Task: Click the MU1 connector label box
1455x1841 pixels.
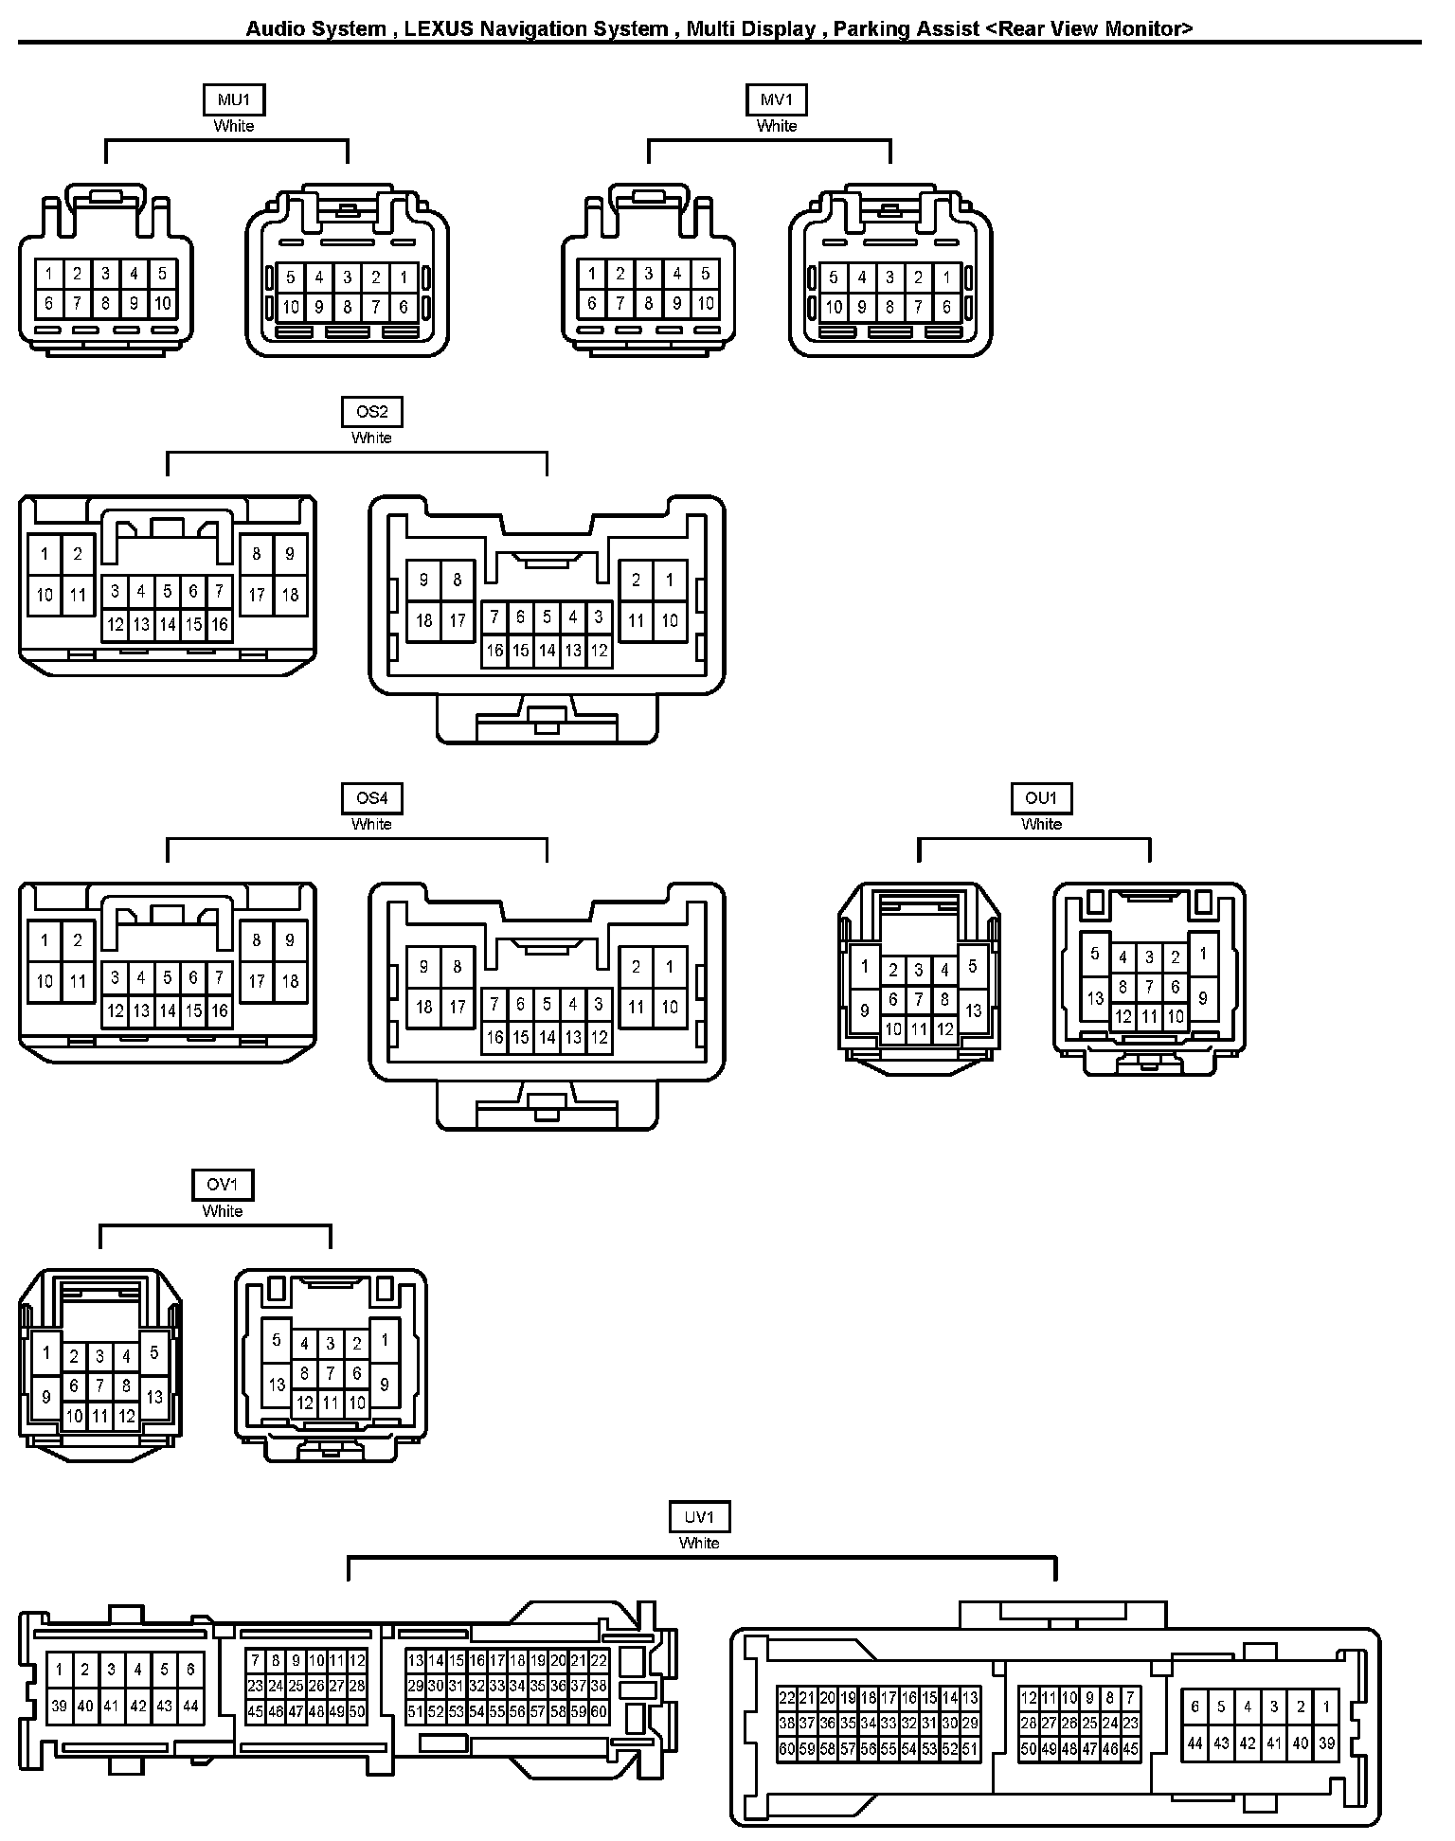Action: click(x=233, y=99)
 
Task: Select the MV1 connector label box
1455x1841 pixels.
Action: click(x=777, y=99)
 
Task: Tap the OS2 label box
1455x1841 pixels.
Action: click(x=371, y=412)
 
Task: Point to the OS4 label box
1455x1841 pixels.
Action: click(x=371, y=798)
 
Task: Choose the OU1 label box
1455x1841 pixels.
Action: click(x=1041, y=798)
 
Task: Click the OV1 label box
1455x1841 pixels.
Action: click(x=223, y=1185)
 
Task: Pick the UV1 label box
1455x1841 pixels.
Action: click(x=699, y=1517)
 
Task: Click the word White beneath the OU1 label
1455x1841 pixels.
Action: click(x=1041, y=824)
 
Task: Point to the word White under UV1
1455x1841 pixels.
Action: click(x=699, y=1543)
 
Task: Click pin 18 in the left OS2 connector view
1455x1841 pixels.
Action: click(x=290, y=596)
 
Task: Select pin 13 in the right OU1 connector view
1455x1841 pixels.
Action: click(x=1095, y=998)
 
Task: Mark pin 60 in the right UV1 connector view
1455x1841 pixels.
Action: click(x=787, y=1749)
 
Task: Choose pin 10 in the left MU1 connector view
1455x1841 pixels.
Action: click(x=162, y=304)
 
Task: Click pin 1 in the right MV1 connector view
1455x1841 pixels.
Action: click(x=946, y=277)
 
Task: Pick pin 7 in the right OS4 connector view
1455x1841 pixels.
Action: click(x=494, y=1004)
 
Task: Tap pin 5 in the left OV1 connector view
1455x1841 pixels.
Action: click(x=154, y=1353)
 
